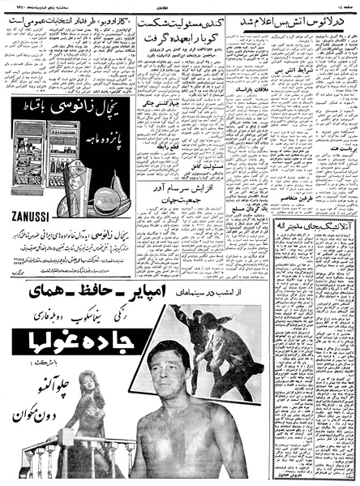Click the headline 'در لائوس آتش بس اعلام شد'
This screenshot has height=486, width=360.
pos(294,24)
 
